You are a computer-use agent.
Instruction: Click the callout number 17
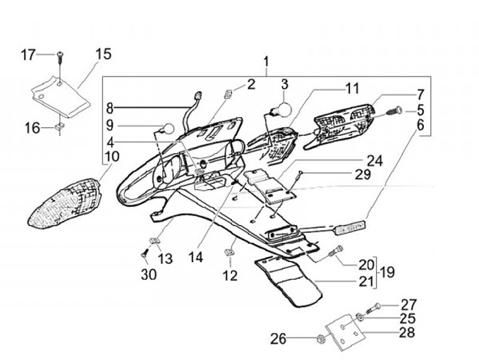tap(28, 55)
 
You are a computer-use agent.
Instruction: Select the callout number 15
tap(104, 54)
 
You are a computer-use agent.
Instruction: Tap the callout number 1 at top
tap(266, 65)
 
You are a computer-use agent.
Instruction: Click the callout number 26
tap(278, 339)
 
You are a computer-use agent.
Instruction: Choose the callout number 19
tap(387, 271)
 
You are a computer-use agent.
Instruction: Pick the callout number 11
tap(351, 88)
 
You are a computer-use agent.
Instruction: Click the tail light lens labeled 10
tap(64, 202)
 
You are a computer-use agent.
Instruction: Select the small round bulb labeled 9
tap(169, 128)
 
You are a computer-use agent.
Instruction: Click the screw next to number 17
tap(60, 57)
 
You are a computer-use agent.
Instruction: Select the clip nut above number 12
tap(228, 251)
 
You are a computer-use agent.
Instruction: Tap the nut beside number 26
tap(321, 339)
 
